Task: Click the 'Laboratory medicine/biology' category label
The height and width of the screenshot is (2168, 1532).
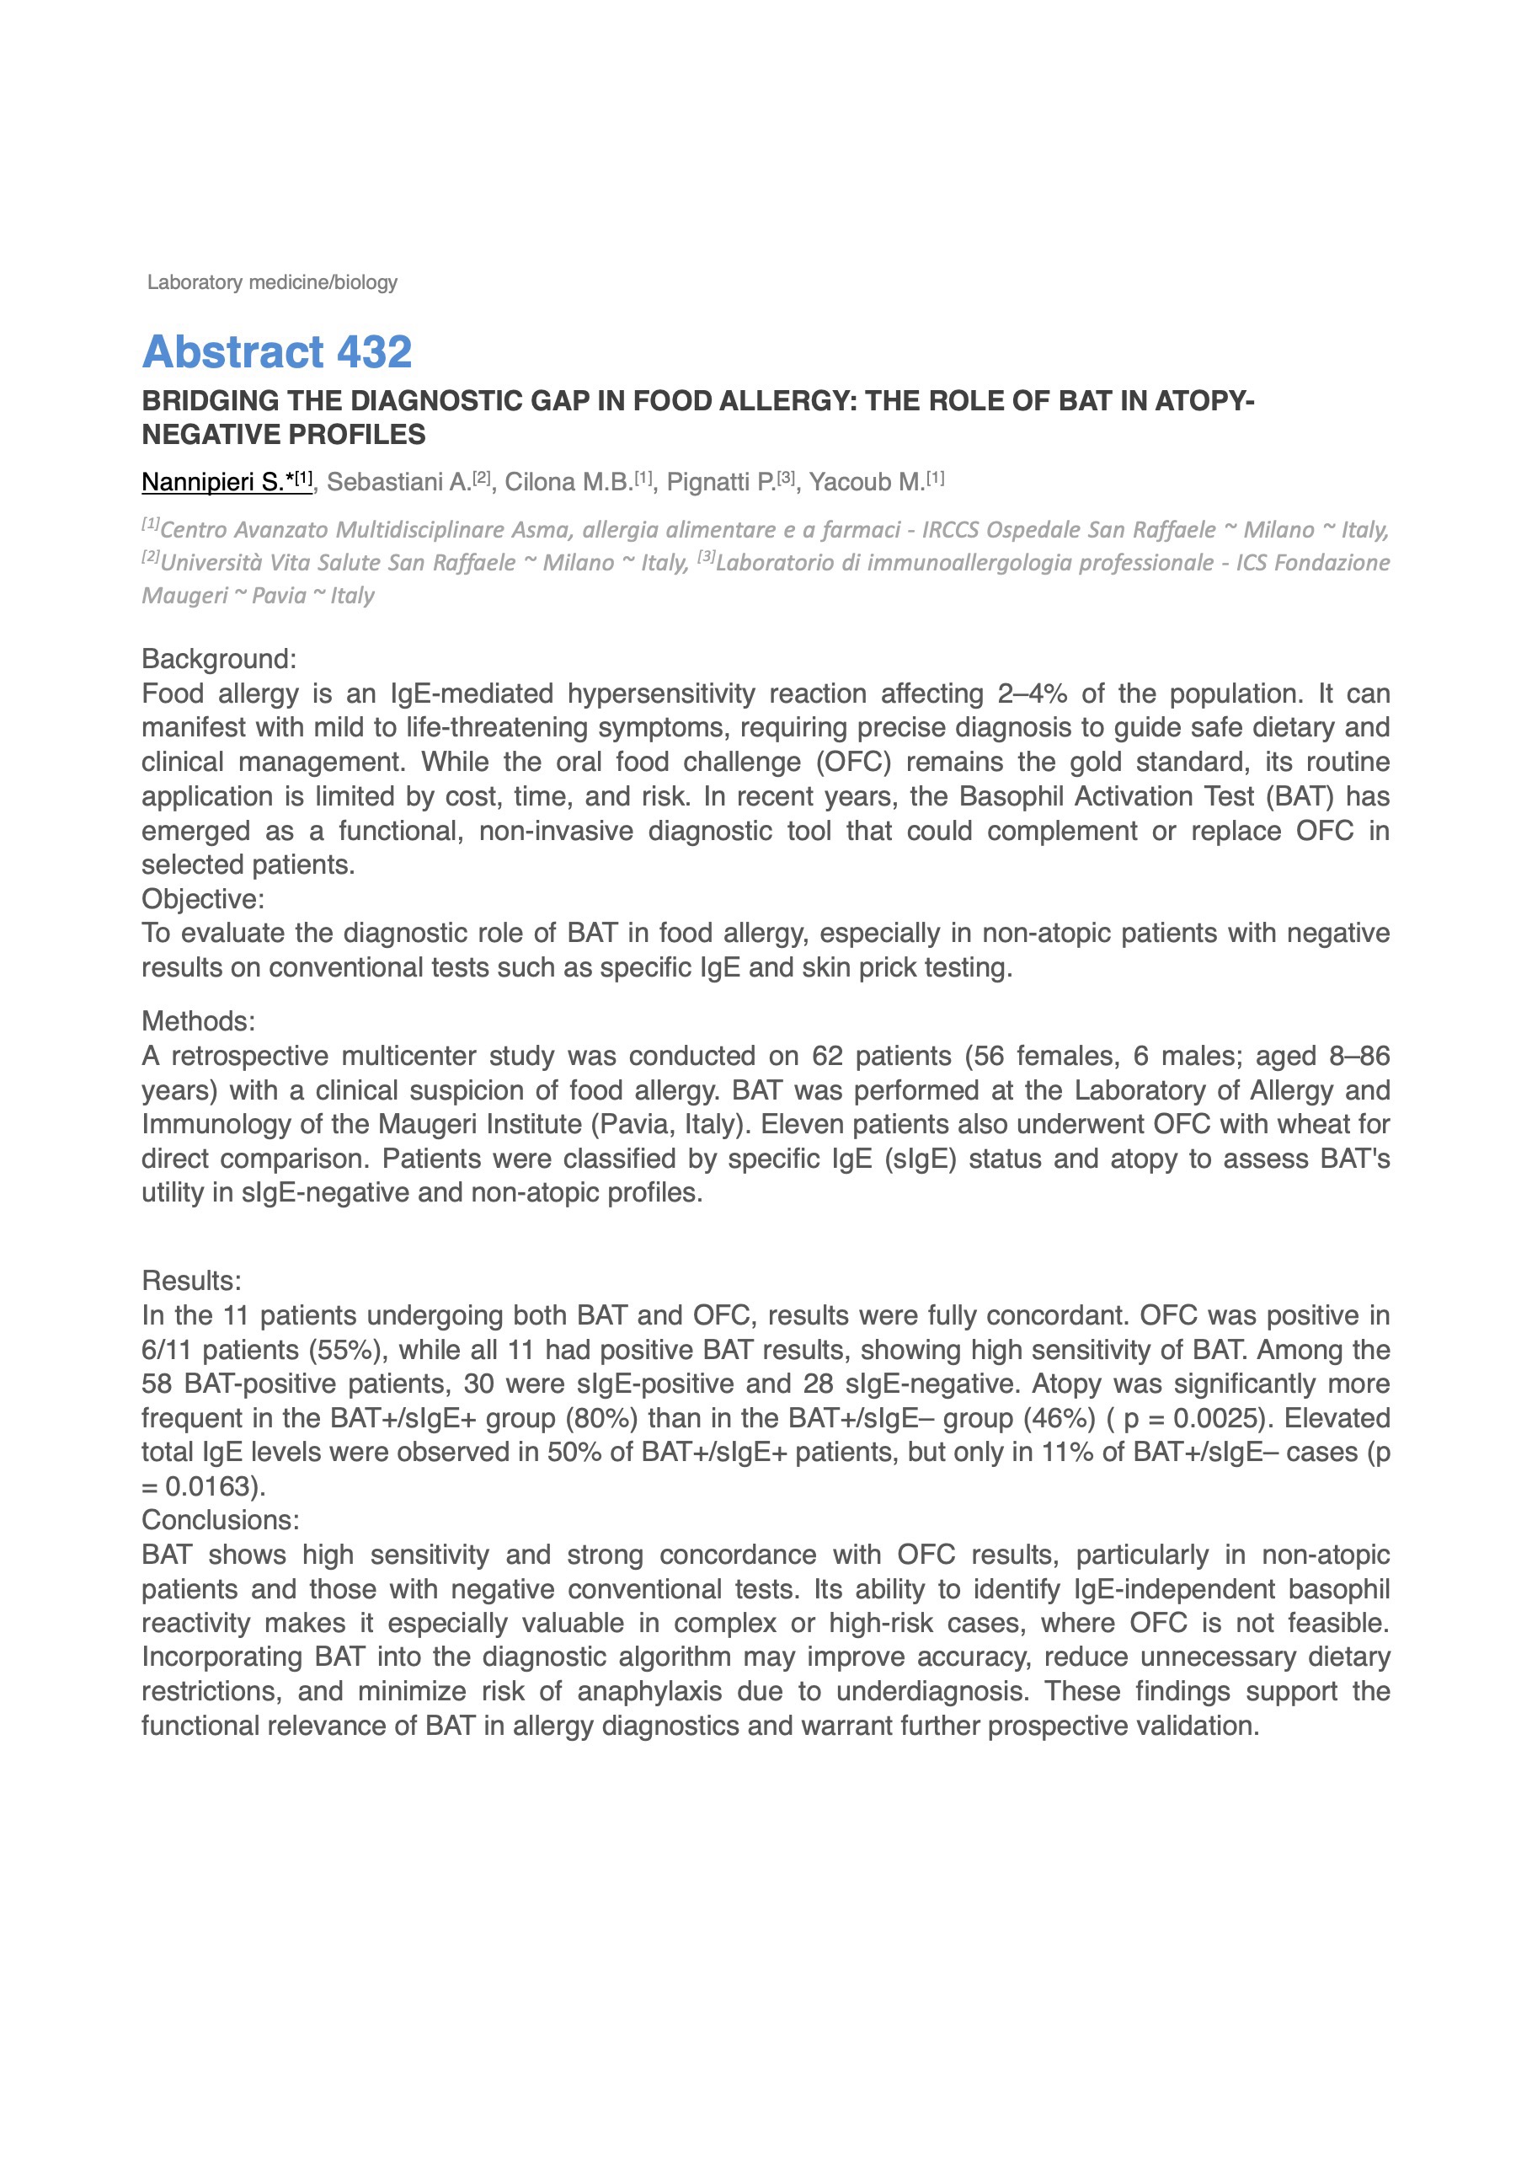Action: (x=272, y=282)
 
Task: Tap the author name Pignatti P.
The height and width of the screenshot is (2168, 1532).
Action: (x=720, y=483)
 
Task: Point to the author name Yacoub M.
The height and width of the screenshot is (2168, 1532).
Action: (x=867, y=483)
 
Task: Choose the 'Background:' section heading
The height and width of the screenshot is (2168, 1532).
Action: (x=219, y=659)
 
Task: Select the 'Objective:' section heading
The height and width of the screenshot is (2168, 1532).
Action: (x=203, y=898)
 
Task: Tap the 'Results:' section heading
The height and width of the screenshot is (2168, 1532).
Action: (x=192, y=1281)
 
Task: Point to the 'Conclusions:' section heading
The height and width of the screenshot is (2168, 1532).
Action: (x=220, y=1519)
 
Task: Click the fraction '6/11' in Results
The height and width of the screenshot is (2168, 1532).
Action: (x=167, y=1351)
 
